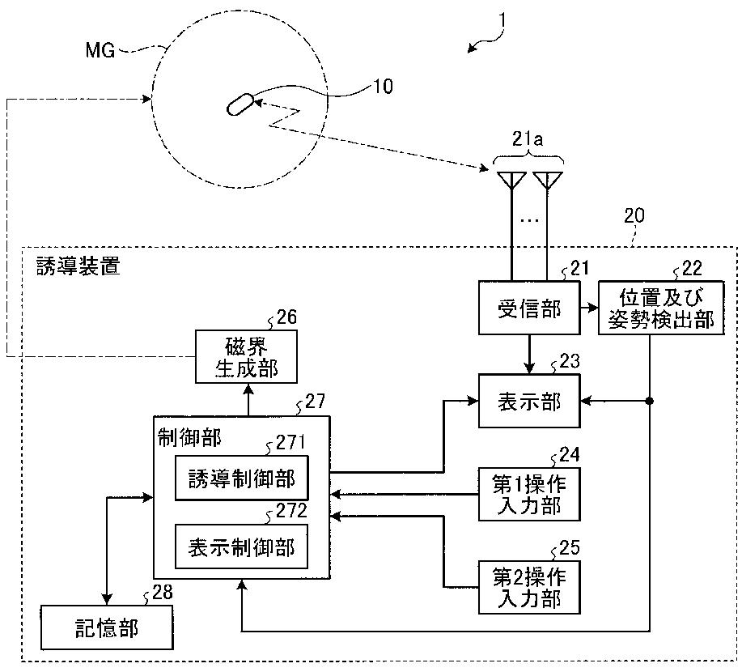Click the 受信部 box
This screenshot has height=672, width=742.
pyautogui.click(x=529, y=308)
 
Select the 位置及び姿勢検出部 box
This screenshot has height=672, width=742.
pyautogui.click(x=661, y=308)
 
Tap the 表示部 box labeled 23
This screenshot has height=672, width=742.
pyautogui.click(x=529, y=401)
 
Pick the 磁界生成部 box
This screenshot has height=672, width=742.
pyautogui.click(x=247, y=356)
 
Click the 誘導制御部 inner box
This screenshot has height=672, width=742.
pyautogui.click(x=242, y=478)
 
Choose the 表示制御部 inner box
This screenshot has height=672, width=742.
pyautogui.click(x=242, y=547)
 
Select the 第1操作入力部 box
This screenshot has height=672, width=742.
pyautogui.click(x=529, y=495)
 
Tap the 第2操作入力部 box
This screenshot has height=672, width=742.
pyautogui.click(x=529, y=587)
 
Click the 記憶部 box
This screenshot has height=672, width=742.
pyautogui.click(x=107, y=627)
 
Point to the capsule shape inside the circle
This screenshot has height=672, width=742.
pyautogui.click(x=240, y=104)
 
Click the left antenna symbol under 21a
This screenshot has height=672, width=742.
pyautogui.click(x=511, y=180)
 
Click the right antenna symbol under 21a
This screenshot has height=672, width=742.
pyautogui.click(x=548, y=180)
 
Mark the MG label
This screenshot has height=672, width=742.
pyautogui.click(x=100, y=49)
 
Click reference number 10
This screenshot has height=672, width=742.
pyautogui.click(x=383, y=86)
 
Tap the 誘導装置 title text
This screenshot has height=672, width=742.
pyautogui.click(x=78, y=266)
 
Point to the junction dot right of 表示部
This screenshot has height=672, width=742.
pyautogui.click(x=650, y=401)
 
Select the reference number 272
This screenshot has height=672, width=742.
pyautogui.click(x=291, y=511)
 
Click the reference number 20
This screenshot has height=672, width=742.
pyautogui.click(x=634, y=215)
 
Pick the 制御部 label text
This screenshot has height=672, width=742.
pyautogui.click(x=189, y=438)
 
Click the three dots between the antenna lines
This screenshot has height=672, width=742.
pyautogui.click(x=529, y=219)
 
